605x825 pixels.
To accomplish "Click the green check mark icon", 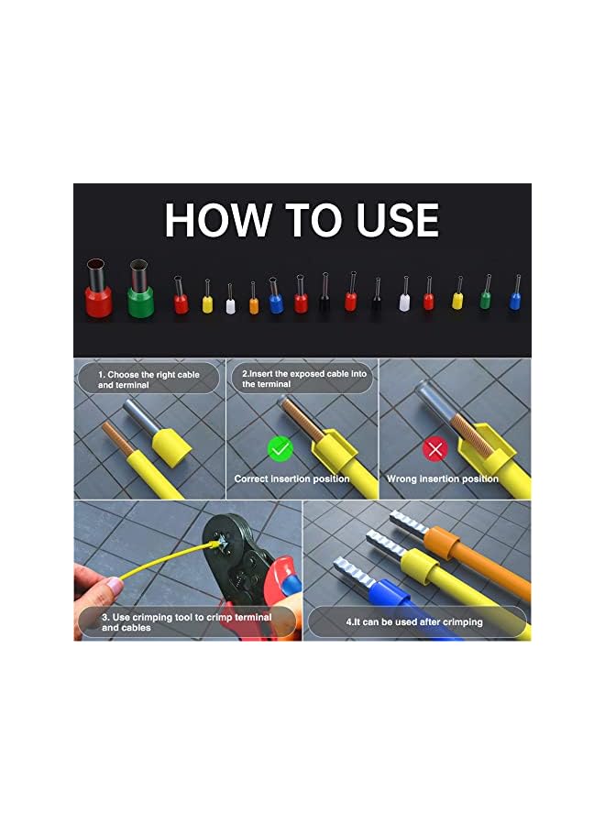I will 280,449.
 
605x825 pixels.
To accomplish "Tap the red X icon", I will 434,449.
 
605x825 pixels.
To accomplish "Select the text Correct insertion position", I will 291,478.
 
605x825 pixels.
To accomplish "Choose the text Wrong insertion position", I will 442,478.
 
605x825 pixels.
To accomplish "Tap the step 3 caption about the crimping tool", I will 186,622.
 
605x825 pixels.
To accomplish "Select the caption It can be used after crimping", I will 414,622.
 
